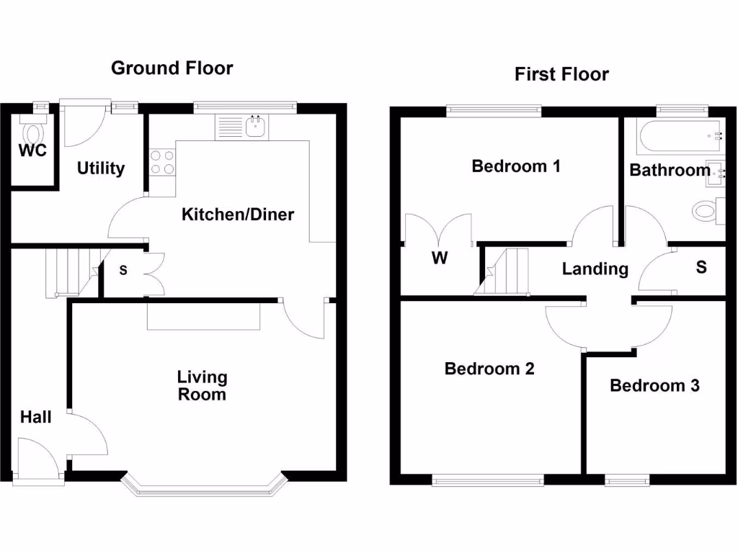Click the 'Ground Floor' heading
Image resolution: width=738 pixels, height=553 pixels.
click(172, 68)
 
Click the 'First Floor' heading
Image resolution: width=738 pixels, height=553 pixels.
click(561, 74)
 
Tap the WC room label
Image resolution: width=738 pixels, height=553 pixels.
click(33, 151)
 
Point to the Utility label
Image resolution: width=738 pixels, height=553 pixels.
click(101, 168)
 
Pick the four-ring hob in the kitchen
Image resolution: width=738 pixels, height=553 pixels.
click(162, 161)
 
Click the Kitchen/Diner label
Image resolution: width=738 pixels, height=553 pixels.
click(237, 215)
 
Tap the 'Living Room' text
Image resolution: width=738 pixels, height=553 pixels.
click(203, 386)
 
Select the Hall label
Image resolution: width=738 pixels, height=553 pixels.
click(35, 417)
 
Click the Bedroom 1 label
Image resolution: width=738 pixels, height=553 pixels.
click(516, 166)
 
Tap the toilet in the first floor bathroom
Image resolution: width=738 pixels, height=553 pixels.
click(706, 212)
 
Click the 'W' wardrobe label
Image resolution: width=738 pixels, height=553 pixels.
click(440, 258)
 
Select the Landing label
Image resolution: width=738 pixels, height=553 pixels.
click(595, 269)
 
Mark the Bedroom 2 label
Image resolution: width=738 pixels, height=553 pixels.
click(489, 369)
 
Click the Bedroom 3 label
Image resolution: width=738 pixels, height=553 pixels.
click(654, 386)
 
